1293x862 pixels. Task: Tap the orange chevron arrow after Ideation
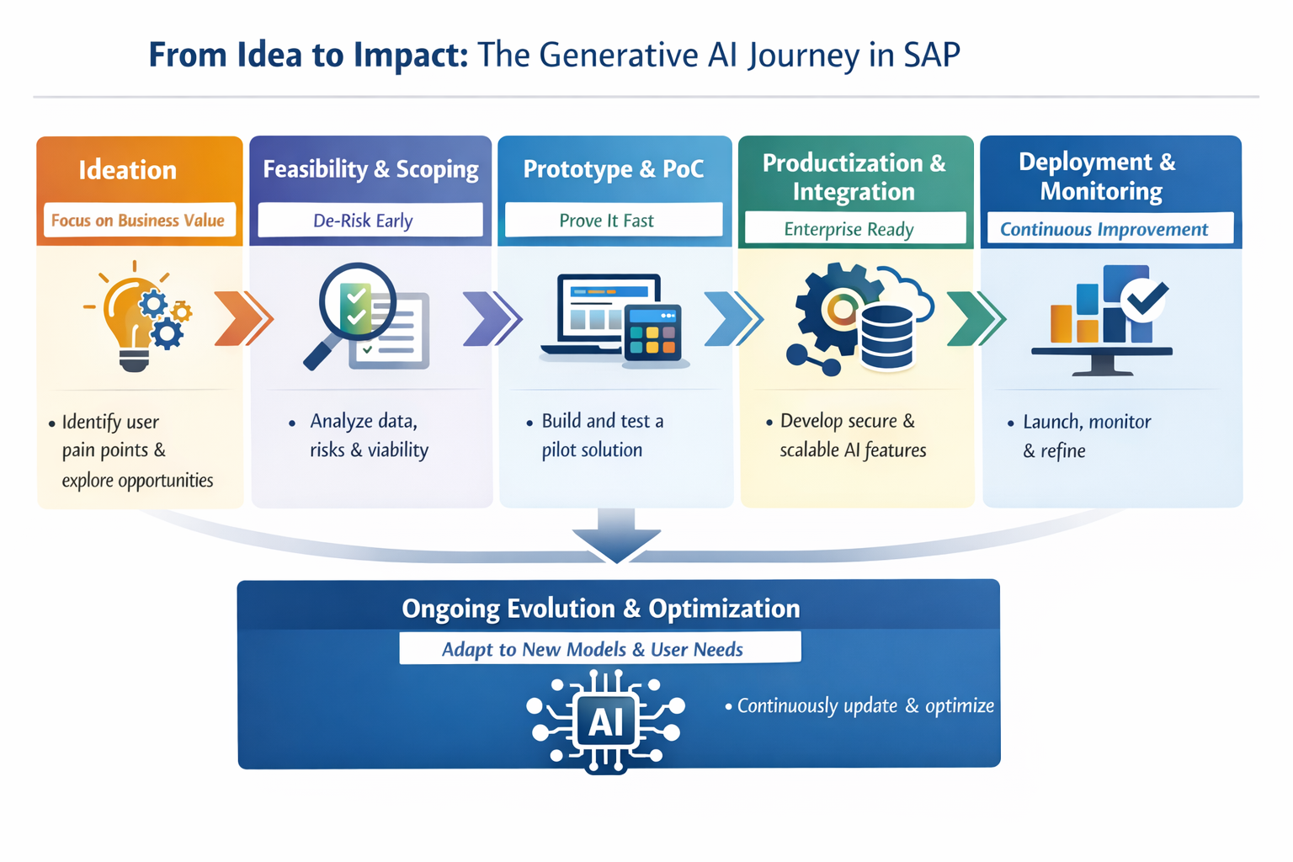[x=242, y=319]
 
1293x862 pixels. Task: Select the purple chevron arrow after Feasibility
[x=492, y=319]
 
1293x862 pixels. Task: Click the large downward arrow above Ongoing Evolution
[x=616, y=535]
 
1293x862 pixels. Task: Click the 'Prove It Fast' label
[x=606, y=221]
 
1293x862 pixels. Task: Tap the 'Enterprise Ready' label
[x=849, y=229]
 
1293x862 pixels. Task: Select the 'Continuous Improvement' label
[x=1104, y=229]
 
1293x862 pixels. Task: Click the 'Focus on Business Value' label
[x=138, y=221]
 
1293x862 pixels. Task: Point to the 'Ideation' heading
[x=128, y=170]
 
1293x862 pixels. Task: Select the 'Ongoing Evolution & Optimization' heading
[x=600, y=608]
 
